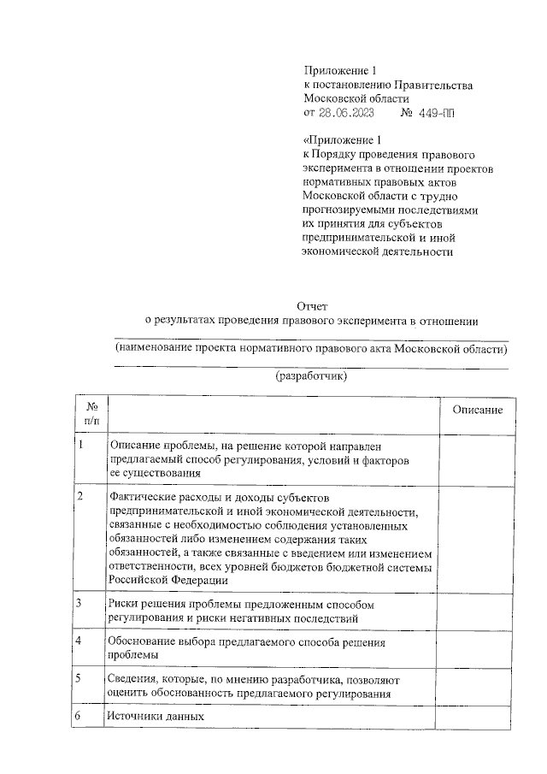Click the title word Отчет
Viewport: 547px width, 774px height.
coord(311,306)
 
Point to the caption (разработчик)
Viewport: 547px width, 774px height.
coord(311,376)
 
